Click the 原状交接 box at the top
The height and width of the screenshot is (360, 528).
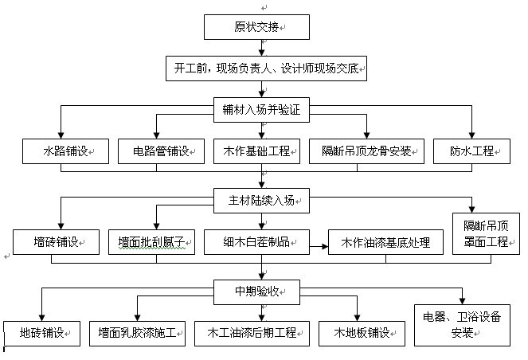pos(256,27)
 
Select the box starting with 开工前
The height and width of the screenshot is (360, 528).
pos(266,69)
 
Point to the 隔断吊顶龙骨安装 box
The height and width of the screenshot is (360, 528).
pos(366,150)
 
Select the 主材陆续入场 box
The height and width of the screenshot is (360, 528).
pos(261,198)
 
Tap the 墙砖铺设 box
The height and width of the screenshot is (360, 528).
pos(55,241)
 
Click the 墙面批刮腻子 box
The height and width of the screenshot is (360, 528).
pos(151,241)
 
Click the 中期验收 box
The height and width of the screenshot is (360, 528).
pos(261,289)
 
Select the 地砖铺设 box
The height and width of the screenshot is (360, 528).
pos(43,331)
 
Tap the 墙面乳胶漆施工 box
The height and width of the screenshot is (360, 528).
pos(139,331)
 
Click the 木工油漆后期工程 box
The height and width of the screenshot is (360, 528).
pos(246,331)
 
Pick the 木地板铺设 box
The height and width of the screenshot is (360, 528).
pos(356,331)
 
